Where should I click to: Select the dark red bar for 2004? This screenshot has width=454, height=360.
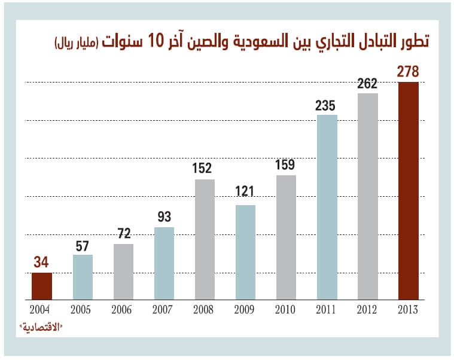point(42,286)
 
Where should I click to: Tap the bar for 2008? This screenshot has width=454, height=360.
point(205,239)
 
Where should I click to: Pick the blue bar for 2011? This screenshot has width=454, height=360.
point(327,207)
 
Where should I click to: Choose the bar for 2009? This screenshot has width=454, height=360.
point(245,252)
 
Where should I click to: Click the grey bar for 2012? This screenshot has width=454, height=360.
point(367,196)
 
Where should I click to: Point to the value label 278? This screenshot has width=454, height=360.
point(408,72)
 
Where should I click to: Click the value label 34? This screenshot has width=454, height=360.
point(42,263)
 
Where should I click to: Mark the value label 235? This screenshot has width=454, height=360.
point(327,105)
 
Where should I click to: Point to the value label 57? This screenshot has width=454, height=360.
point(83,245)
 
